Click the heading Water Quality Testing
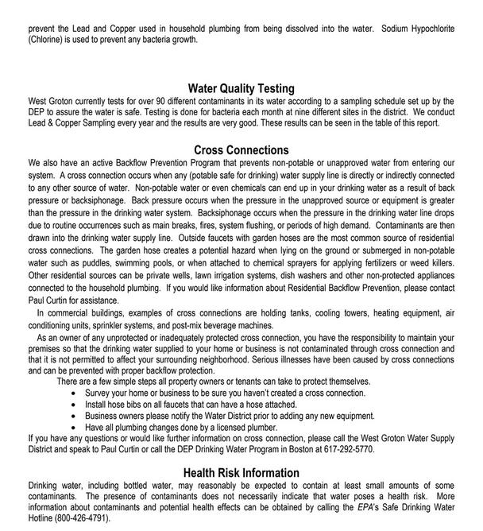click(x=241, y=89)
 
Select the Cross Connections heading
click(x=241, y=150)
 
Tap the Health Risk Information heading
click(x=241, y=473)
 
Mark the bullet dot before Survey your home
click(x=75, y=393)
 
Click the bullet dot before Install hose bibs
click(x=75, y=403)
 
